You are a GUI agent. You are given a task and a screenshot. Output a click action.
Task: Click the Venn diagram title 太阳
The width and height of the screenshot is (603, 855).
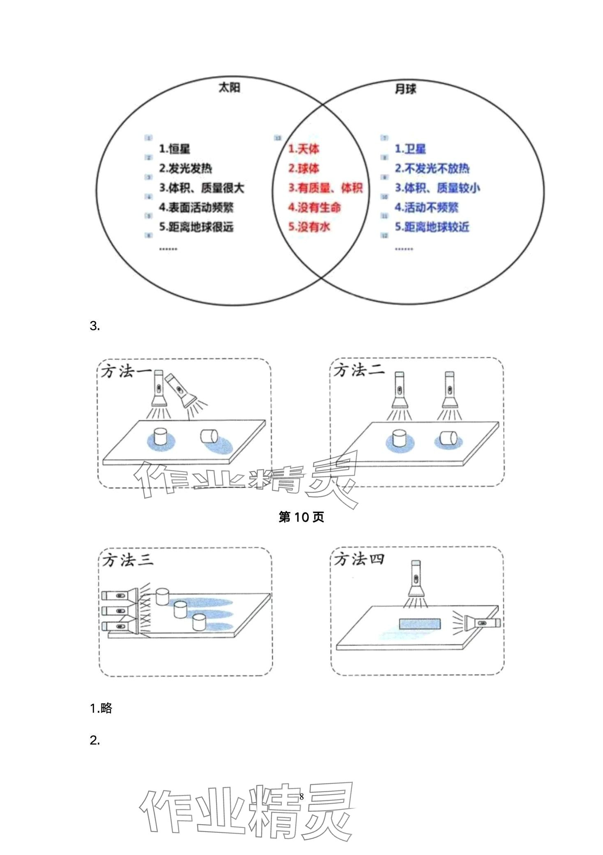(x=229, y=88)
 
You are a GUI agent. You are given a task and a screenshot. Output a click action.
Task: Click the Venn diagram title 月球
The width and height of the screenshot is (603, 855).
(x=405, y=89)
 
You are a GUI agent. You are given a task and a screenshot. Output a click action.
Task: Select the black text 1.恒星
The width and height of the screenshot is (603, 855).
(x=175, y=149)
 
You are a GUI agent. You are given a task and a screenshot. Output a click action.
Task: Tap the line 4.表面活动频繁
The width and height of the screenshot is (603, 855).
(x=196, y=207)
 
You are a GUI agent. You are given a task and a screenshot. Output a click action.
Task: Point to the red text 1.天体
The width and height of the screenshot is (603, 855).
(x=304, y=149)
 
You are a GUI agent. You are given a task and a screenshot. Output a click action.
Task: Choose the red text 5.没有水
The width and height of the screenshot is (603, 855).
(x=309, y=227)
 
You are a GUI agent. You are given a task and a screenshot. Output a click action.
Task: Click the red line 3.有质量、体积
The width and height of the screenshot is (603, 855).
(x=325, y=188)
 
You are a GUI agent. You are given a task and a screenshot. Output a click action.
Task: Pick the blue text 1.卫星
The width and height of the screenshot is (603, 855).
(x=410, y=149)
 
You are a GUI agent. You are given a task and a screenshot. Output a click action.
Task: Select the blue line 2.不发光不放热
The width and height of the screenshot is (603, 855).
(x=432, y=168)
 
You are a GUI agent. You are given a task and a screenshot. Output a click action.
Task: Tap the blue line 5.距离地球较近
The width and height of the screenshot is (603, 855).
(x=432, y=227)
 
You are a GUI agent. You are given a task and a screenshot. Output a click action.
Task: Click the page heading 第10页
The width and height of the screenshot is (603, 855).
(x=301, y=517)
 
